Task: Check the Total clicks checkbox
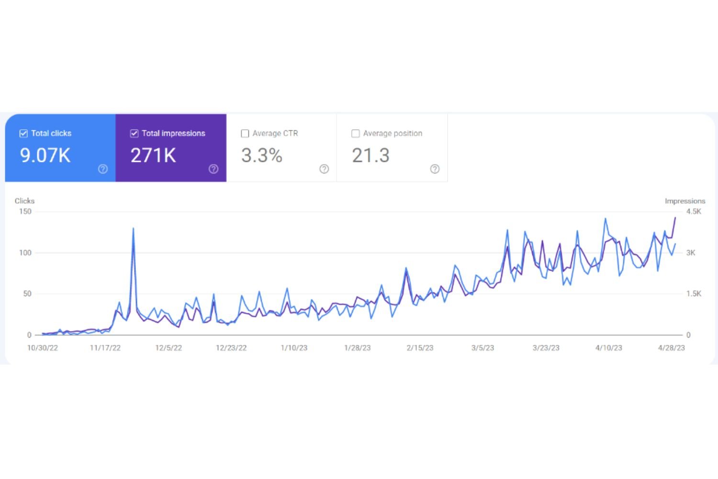pos(23,134)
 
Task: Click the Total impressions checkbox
pos(135,134)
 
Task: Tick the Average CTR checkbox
pos(245,134)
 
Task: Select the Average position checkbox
pos(356,134)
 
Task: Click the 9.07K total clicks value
pos(45,155)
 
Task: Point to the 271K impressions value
pos(153,155)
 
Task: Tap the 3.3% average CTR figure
pos(262,155)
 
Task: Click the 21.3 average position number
pos(370,155)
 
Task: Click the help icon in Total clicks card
pos(103,169)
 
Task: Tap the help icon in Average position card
pos(435,169)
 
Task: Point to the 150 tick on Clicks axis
pos(25,211)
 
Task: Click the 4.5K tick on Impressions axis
pos(694,211)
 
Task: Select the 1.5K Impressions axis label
pos(694,294)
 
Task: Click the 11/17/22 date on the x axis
pos(105,348)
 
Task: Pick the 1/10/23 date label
pos(294,348)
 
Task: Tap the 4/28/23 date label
pos(672,348)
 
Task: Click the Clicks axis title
pos(24,201)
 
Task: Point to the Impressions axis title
pos(685,201)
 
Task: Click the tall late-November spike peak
pos(133,228)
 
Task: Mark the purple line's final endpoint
pos(675,218)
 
